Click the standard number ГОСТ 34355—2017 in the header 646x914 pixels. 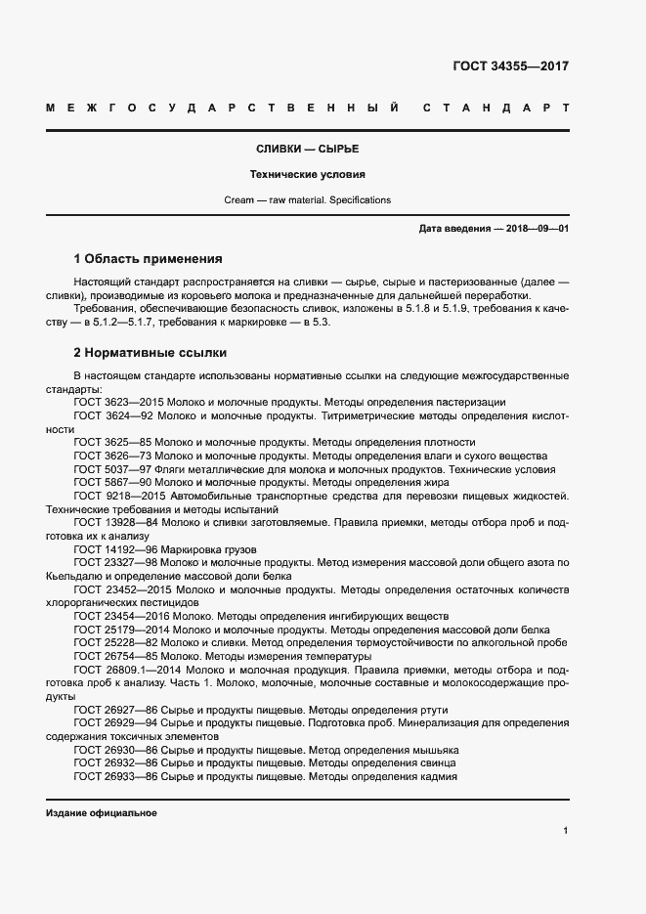pos(510,67)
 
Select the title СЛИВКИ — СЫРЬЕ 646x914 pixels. pos(307,150)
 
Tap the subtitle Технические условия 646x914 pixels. pos(307,175)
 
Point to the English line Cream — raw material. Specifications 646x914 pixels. pos(307,199)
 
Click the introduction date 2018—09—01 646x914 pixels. pos(533,229)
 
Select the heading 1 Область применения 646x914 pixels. pos(149,259)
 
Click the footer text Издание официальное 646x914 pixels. pos(102,813)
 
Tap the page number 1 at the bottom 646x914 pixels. pos(566,830)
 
